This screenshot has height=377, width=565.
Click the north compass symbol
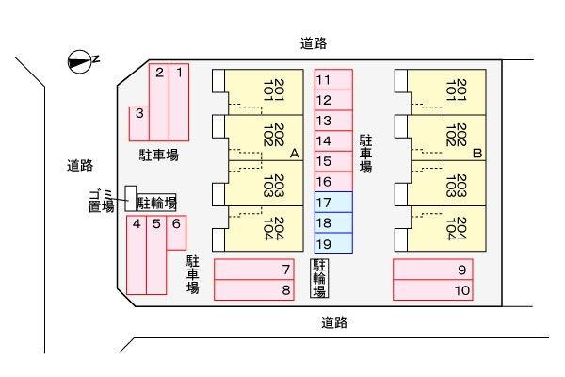coord(79,62)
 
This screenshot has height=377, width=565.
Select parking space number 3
coord(139,123)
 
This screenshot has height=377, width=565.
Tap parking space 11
coord(333,80)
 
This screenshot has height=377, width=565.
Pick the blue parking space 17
coord(333,203)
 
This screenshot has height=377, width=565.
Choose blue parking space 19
coord(333,243)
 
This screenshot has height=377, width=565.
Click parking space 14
coord(333,141)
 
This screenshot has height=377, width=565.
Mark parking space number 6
coord(176,233)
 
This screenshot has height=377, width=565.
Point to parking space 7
coord(254,270)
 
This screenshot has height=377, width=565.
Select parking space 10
coord(433,289)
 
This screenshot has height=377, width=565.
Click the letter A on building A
coord(295,154)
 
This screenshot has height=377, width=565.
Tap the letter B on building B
coord(477,154)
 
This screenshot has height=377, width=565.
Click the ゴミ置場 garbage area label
coord(101,201)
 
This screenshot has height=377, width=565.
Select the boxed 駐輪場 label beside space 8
coord(319,278)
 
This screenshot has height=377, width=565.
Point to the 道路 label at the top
coord(314,43)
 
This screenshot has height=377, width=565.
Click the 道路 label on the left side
coord(80,166)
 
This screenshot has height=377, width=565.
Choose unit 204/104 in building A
coord(274,229)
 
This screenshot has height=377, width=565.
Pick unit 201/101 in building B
coord(456,90)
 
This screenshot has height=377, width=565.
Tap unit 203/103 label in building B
coord(456,186)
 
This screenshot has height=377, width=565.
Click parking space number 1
coord(179,102)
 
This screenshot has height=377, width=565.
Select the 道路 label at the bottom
coord(334,322)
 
